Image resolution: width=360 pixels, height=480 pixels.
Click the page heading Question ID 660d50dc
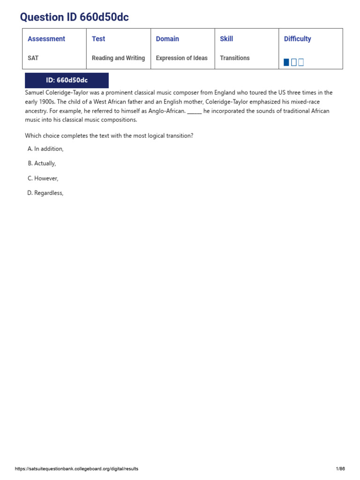(x=74, y=18)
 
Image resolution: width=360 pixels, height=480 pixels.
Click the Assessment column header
(x=46, y=39)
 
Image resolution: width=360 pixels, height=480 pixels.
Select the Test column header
(x=98, y=39)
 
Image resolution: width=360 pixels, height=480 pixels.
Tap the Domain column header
(x=167, y=39)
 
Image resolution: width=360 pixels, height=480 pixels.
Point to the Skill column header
(x=226, y=39)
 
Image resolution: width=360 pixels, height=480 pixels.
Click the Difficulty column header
(x=297, y=39)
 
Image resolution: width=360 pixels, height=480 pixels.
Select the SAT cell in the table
(x=33, y=58)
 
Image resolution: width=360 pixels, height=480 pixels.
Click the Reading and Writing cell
(x=118, y=58)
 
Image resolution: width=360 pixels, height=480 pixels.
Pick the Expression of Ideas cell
(x=181, y=58)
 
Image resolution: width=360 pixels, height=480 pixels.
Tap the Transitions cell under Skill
(x=235, y=58)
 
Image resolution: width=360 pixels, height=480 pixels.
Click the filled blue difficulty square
(x=286, y=62)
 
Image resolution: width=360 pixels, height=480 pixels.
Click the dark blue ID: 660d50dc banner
(x=67, y=80)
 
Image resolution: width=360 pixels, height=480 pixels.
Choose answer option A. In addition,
(x=45, y=149)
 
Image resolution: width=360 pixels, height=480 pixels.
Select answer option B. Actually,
(x=42, y=164)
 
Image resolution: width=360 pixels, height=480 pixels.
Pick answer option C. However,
(x=43, y=179)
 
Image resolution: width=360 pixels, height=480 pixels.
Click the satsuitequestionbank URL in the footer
(x=76, y=469)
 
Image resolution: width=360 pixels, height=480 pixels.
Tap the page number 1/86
(x=340, y=469)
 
